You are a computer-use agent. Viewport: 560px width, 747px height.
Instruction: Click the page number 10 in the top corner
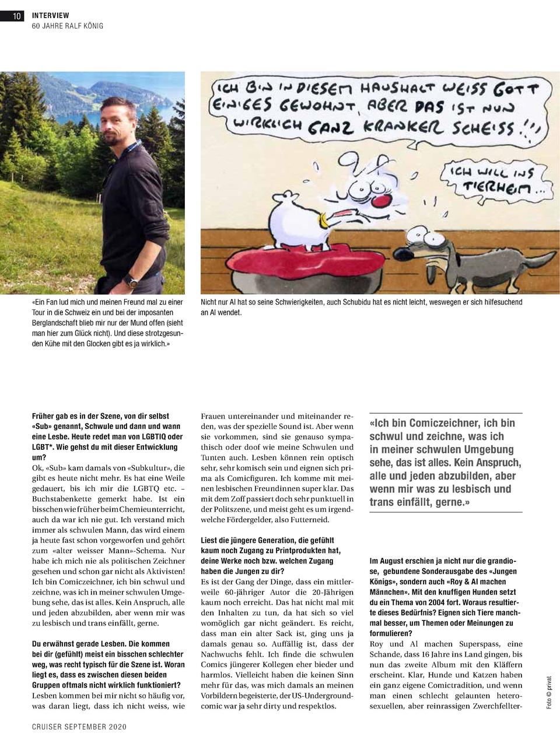pyautogui.click(x=16, y=16)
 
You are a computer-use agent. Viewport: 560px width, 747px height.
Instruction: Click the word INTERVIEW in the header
pyautogui.click(x=50, y=15)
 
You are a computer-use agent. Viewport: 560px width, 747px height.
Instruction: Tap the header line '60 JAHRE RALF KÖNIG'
pyautogui.click(x=67, y=26)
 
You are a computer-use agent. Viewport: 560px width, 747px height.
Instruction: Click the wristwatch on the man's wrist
pyautogui.click(x=133, y=281)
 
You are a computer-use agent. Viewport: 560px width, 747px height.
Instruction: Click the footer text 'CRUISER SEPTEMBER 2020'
pyautogui.click(x=79, y=727)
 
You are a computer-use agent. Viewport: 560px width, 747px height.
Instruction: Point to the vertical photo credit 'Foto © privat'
pyautogui.click(x=548, y=693)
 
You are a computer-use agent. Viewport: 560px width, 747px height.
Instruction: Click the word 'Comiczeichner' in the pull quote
pyautogui.click(x=444, y=423)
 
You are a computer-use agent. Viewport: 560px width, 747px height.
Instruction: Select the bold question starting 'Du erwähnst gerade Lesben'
pyautogui.click(x=108, y=664)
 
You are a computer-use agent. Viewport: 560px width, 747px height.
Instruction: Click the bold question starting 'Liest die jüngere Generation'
pyautogui.click(x=271, y=555)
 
